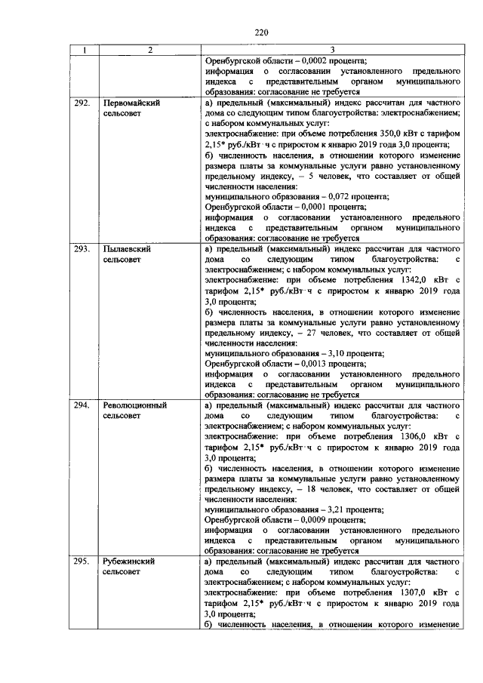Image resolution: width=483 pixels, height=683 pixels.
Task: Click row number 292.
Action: pyautogui.click(x=83, y=101)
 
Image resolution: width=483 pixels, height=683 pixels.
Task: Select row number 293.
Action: pyautogui.click(x=83, y=248)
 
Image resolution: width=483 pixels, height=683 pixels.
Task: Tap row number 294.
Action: pyautogui.click(x=83, y=405)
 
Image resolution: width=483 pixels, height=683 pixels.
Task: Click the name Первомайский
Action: pyautogui.click(x=134, y=101)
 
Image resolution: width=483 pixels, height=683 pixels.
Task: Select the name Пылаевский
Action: pyautogui.click(x=129, y=248)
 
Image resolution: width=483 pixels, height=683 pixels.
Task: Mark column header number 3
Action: pyautogui.click(x=333, y=50)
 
